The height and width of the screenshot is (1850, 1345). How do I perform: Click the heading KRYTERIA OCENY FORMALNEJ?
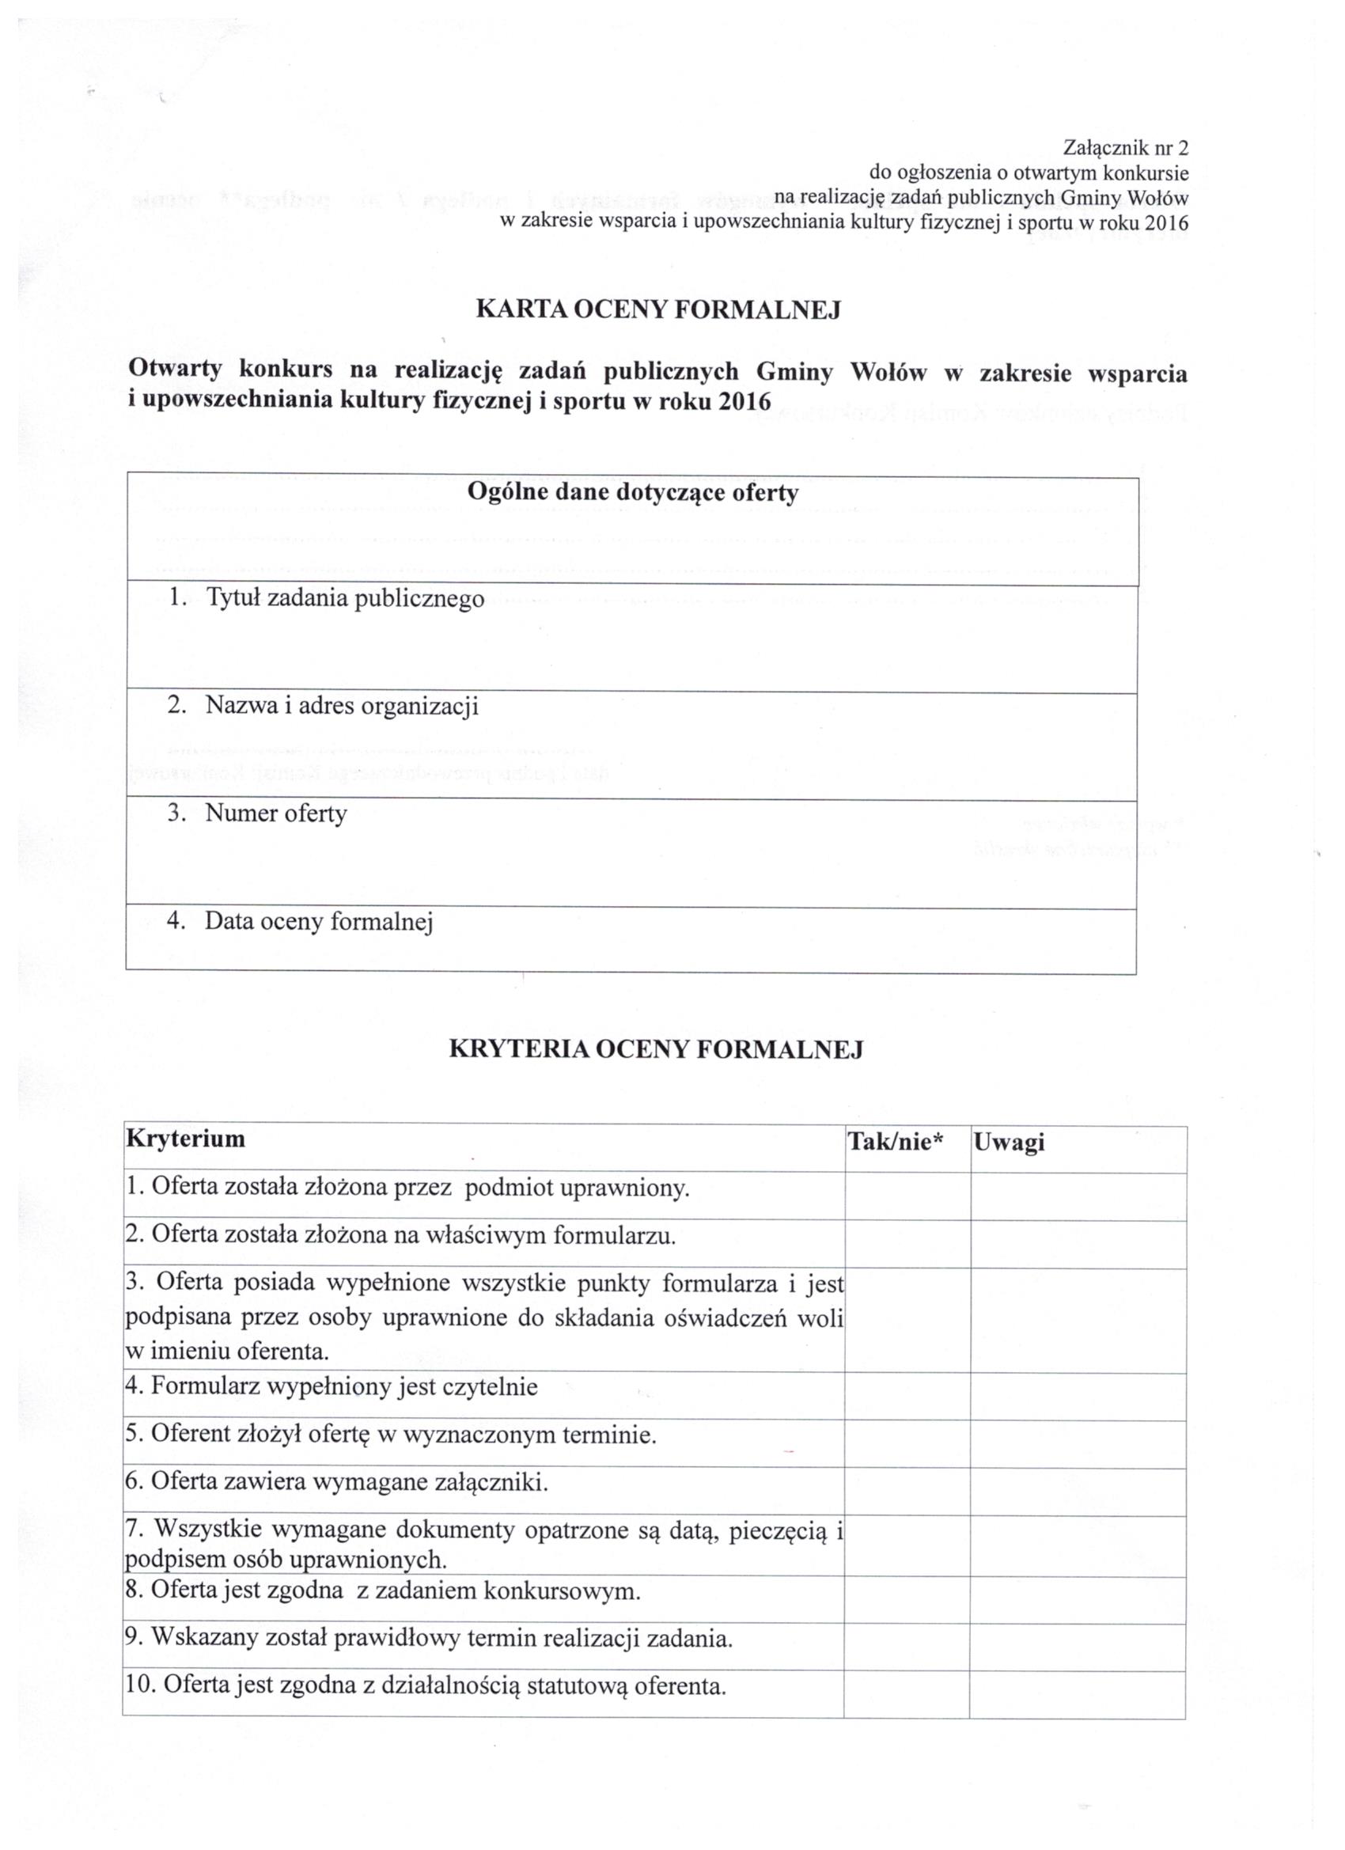(656, 1049)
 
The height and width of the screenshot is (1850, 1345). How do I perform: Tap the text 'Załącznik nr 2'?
(1126, 148)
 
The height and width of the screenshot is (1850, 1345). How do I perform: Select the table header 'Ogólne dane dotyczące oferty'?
(631, 494)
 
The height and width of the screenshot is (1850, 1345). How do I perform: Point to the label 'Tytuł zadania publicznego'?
(344, 599)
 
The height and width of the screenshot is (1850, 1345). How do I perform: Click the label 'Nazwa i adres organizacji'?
(341, 706)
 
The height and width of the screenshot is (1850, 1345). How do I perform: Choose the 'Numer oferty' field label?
(275, 813)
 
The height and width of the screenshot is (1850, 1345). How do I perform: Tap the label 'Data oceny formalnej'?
(318, 921)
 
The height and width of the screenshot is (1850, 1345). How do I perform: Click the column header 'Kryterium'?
(185, 1139)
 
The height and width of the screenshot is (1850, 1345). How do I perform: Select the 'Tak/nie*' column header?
(895, 1143)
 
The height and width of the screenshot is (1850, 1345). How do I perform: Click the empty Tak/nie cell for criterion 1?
(907, 1196)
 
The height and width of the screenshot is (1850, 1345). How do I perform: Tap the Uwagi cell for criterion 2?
(1078, 1244)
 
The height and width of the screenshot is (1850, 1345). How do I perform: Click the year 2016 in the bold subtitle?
(744, 402)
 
